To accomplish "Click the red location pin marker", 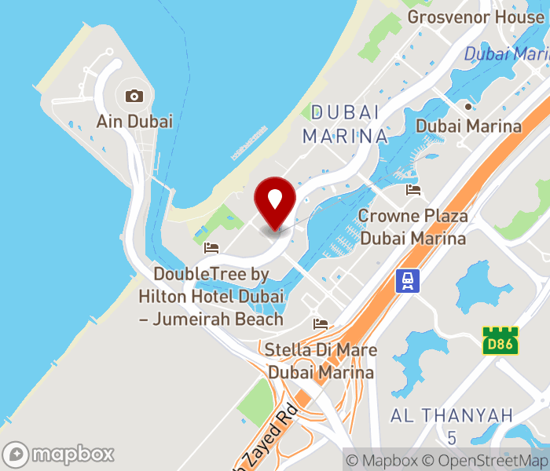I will pyautogui.click(x=275, y=200).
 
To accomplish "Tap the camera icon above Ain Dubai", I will pyautogui.click(x=134, y=97).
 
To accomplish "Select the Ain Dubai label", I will pyautogui.click(x=134, y=122).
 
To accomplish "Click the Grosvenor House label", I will pyautogui.click(x=476, y=17).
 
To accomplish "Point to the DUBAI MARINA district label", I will pyautogui.click(x=346, y=123).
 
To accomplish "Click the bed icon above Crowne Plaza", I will pyautogui.click(x=412, y=190).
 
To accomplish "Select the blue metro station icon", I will pyautogui.click(x=408, y=280).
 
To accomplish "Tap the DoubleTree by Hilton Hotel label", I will pyautogui.click(x=211, y=297).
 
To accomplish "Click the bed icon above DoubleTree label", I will pyautogui.click(x=211, y=248).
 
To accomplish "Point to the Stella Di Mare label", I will pyautogui.click(x=321, y=360).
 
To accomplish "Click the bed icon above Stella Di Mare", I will pyautogui.click(x=321, y=323).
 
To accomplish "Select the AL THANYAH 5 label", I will pyautogui.click(x=452, y=425).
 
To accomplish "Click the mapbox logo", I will pyautogui.click(x=59, y=454).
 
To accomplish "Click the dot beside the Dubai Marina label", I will pyautogui.click(x=468, y=106).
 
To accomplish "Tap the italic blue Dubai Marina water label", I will pyautogui.click(x=506, y=54).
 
